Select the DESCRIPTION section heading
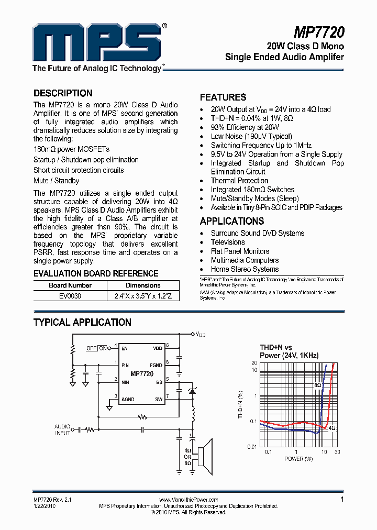click(x=63, y=93)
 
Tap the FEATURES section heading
click(x=223, y=97)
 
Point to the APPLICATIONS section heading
click(x=232, y=221)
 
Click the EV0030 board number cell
click(x=70, y=295)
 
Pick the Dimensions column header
click(x=143, y=285)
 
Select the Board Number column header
click(x=70, y=285)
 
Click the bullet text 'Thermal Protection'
click(x=239, y=181)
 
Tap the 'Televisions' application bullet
click(x=228, y=242)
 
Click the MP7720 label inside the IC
click(x=142, y=374)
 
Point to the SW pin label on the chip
click(x=159, y=399)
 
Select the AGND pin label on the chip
click(x=128, y=399)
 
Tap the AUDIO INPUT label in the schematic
click(x=62, y=430)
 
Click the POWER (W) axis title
click(x=298, y=459)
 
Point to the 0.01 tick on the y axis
click(x=252, y=446)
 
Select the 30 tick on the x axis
click(x=337, y=451)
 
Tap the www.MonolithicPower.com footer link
click(x=188, y=500)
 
